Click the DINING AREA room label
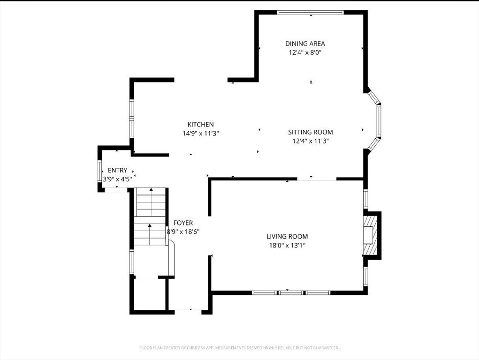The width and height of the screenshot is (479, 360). click(x=305, y=44)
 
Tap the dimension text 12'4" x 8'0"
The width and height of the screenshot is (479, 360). click(x=305, y=52)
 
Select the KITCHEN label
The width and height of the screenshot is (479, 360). click(x=201, y=124)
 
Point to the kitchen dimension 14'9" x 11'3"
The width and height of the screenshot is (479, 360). click(x=201, y=133)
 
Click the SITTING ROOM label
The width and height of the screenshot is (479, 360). click(x=310, y=132)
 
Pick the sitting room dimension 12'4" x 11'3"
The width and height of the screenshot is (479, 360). click(x=310, y=141)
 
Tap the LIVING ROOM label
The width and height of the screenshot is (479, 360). click(x=287, y=236)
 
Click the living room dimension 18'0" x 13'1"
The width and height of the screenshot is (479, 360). click(x=287, y=245)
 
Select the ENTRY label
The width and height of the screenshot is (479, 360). click(x=117, y=170)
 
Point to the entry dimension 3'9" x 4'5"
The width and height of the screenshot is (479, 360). click(x=117, y=179)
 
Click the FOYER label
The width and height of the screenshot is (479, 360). click(x=183, y=223)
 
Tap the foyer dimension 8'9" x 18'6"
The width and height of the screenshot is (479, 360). click(x=183, y=232)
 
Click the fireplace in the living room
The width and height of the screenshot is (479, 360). click(x=371, y=235)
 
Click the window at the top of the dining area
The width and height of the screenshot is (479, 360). click(x=310, y=13)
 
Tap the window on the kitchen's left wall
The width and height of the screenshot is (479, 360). click(x=132, y=117)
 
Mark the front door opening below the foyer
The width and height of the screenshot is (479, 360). click(x=188, y=310)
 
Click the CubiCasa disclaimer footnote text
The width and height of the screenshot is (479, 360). click(x=239, y=347)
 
